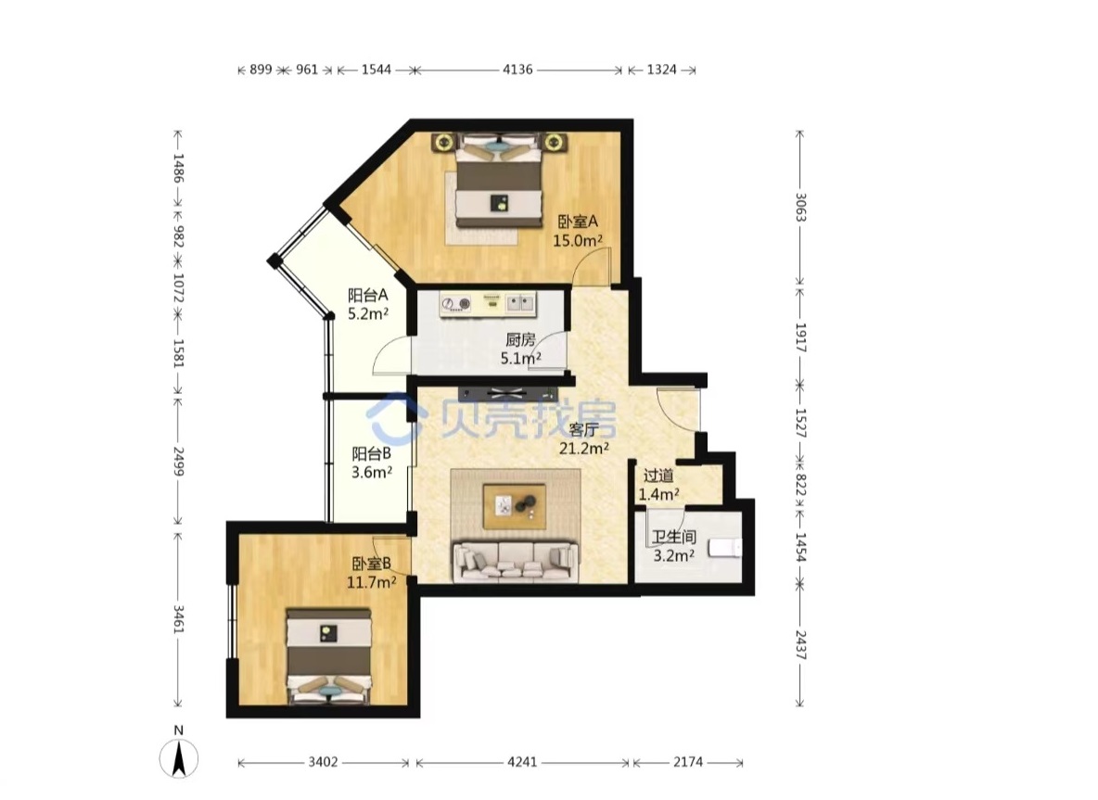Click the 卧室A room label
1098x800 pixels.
[x=578, y=222]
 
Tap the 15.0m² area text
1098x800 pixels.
[x=579, y=241]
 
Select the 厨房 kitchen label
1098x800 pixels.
[x=520, y=340]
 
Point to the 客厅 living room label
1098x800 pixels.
[x=583, y=429]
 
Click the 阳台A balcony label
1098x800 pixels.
[x=367, y=296]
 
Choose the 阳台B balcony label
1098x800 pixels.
[x=371, y=453]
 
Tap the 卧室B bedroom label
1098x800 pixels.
[x=371, y=564]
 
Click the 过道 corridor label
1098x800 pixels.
[x=658, y=476]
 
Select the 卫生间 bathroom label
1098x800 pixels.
[x=673, y=537]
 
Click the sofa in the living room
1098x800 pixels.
[x=517, y=562]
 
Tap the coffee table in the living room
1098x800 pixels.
[x=515, y=506]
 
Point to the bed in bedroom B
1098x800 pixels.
[x=328, y=656]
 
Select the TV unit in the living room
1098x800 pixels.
[x=508, y=393]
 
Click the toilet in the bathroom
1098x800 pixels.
[x=724, y=547]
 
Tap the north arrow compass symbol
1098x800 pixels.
[x=179, y=758]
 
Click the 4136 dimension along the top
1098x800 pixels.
[x=517, y=70]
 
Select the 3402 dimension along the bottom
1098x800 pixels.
[x=324, y=761]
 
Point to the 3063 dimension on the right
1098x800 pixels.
[x=800, y=207]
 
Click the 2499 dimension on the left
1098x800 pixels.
[x=178, y=462]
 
